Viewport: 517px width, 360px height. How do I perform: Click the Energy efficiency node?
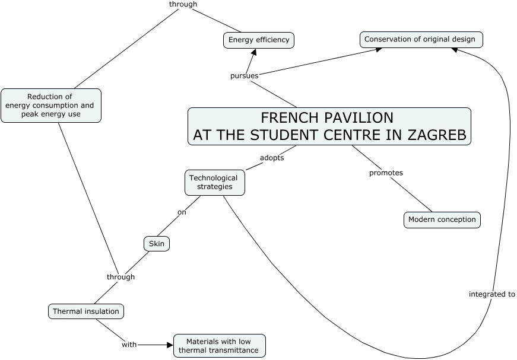(259, 40)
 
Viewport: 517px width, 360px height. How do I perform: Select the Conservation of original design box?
(421, 40)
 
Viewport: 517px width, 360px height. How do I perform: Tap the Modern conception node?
(442, 219)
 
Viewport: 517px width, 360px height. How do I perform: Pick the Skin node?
(157, 244)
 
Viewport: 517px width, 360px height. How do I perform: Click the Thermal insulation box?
(86, 311)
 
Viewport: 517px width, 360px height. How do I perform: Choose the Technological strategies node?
(214, 182)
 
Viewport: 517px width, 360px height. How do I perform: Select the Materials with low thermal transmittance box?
(219, 346)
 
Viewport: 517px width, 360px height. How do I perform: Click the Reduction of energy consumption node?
(50, 106)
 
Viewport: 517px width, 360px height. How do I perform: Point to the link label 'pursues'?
(244, 76)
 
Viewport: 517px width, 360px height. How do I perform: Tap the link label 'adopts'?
(272, 158)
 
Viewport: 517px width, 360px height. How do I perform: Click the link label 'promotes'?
(386, 173)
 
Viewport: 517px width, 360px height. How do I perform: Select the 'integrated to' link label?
(491, 294)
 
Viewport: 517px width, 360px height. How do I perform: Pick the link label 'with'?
(129, 345)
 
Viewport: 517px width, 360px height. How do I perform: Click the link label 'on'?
(182, 212)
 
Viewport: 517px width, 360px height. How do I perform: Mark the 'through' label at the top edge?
(183, 4)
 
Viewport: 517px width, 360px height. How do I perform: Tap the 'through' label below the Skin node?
(120, 277)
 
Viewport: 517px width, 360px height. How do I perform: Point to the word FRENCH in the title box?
(287, 117)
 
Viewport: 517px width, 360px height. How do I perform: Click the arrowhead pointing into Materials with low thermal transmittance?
(169, 345)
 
